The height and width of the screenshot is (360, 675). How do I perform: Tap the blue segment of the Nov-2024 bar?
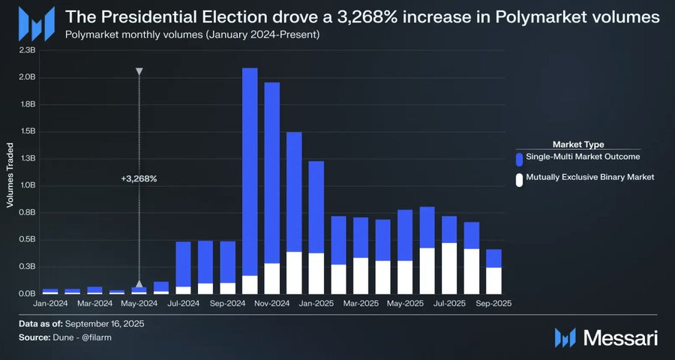pyautogui.click(x=272, y=172)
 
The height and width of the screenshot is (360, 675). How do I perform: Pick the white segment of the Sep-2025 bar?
pyautogui.click(x=493, y=280)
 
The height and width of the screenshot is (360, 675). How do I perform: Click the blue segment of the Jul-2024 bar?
pyautogui.click(x=183, y=263)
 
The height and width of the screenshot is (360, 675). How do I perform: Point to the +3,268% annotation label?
pyautogui.click(x=139, y=179)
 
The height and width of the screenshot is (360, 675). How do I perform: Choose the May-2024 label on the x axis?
pyautogui.click(x=139, y=303)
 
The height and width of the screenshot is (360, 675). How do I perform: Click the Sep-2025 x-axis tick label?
pyautogui.click(x=493, y=303)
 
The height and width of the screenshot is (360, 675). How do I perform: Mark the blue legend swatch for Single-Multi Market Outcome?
pyautogui.click(x=519, y=158)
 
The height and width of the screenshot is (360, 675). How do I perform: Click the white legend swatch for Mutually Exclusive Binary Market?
pyautogui.click(x=519, y=179)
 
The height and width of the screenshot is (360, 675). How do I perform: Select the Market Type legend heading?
pyautogui.click(x=578, y=143)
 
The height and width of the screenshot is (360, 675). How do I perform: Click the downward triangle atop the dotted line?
pyautogui.click(x=139, y=72)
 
